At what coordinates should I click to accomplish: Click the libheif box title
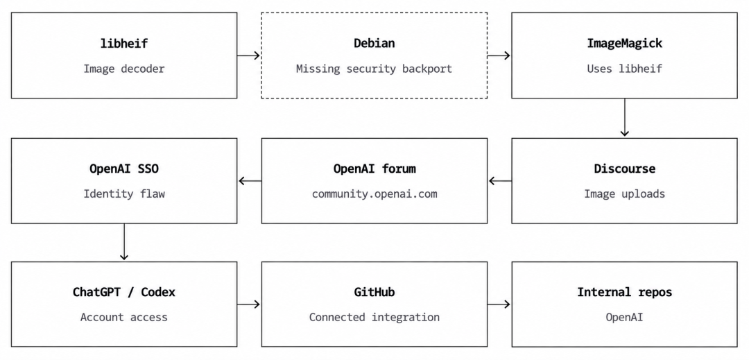(124, 44)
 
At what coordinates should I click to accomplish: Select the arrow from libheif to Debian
(248, 55)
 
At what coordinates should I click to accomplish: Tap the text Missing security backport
(374, 69)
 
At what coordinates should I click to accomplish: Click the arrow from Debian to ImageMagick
(499, 55)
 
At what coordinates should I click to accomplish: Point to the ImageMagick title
(624, 44)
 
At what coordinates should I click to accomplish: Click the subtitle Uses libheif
(624, 69)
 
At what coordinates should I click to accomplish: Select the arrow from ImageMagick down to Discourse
(624, 118)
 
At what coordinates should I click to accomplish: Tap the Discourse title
(624, 169)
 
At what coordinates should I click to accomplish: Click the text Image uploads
(624, 194)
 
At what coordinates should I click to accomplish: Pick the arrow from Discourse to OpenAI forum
(499, 181)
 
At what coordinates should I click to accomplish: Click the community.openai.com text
(374, 194)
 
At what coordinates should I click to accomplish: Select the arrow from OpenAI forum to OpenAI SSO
(250, 181)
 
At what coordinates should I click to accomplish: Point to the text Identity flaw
(124, 194)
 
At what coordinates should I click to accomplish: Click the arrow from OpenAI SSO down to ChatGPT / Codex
(124, 241)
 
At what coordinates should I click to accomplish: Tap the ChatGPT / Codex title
(124, 292)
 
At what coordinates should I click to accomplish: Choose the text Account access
(124, 317)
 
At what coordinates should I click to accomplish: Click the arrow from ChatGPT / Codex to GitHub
(248, 304)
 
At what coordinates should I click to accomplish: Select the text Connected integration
(374, 317)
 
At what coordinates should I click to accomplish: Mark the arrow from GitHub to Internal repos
(499, 304)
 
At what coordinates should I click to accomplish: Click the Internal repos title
(624, 292)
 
